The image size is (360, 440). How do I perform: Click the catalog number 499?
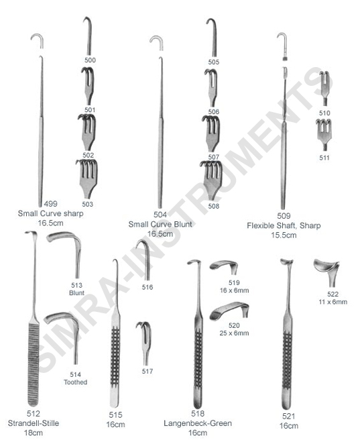[x=50, y=204]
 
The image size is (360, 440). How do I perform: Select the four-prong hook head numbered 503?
[x=88, y=178]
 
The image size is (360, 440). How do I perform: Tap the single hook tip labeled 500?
[x=88, y=36]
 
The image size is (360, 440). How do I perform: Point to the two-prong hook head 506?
[x=212, y=88]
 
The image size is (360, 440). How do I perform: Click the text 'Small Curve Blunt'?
[x=160, y=224]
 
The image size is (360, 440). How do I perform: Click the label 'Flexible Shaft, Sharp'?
[x=284, y=225]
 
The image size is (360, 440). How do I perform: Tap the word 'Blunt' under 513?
[x=76, y=293]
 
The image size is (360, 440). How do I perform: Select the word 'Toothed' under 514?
[x=76, y=382]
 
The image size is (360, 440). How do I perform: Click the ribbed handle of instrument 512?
[x=34, y=364]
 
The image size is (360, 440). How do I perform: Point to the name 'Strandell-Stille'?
[x=34, y=423]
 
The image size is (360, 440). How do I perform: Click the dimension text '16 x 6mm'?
[x=234, y=290]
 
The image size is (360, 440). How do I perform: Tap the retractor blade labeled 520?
[x=229, y=310]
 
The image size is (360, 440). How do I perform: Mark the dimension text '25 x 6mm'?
[x=234, y=333]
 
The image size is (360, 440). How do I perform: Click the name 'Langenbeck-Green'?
[x=198, y=423]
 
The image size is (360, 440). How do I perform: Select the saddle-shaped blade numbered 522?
[x=327, y=272]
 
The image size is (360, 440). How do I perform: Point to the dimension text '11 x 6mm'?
[x=333, y=302]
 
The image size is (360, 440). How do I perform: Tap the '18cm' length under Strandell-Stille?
[x=34, y=433]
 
